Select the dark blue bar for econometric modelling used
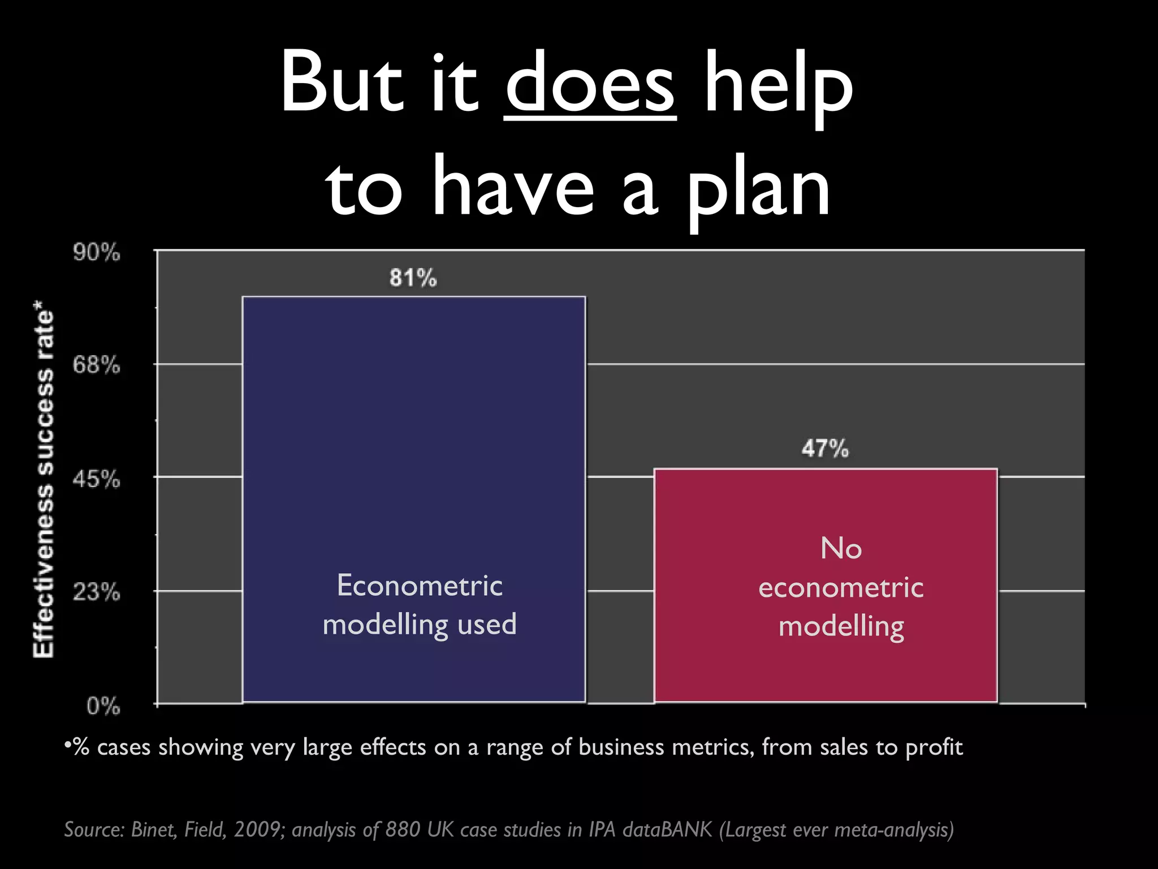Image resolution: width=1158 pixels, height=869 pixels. pyautogui.click(x=413, y=453)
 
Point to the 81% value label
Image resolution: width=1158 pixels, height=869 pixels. pyautogui.click(x=413, y=278)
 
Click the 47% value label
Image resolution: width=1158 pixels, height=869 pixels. pyautogui.click(x=825, y=449)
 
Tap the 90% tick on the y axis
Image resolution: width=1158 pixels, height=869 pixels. pyautogui.click(x=96, y=252)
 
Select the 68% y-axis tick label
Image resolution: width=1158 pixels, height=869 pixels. pyautogui.click(x=96, y=365)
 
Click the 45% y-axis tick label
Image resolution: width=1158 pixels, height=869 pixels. pyautogui.click(x=96, y=480)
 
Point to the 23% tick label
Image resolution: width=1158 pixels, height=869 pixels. pyautogui.click(x=96, y=593)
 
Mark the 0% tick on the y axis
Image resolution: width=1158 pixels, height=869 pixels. pyautogui.click(x=103, y=707)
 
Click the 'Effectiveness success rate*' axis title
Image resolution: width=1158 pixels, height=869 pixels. pyautogui.click(x=44, y=484)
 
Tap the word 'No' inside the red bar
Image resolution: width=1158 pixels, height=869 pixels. pyautogui.click(x=841, y=548)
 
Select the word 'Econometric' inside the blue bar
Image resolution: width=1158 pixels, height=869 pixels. pyautogui.click(x=419, y=585)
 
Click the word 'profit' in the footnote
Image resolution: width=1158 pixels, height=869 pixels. pyautogui.click(x=934, y=747)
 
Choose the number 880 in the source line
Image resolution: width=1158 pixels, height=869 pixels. pyautogui.click(x=403, y=829)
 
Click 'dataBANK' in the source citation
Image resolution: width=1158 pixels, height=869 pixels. pyautogui.click(x=667, y=829)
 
